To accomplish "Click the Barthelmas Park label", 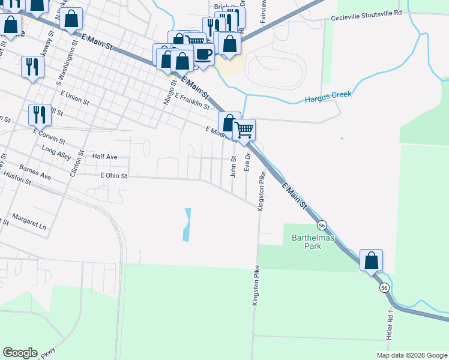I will tap(307, 242).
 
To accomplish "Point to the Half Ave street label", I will tap(104, 157).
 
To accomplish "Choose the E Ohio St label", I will tap(114, 176).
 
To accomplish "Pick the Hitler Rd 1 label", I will tap(390, 324).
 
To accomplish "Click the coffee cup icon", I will tap(203, 54).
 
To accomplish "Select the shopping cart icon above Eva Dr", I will tap(244, 130).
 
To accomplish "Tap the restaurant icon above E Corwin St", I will tap(40, 114).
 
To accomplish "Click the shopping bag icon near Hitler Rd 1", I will tap(372, 260).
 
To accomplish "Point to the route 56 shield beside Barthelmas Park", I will tap(322, 225).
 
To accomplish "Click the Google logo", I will tap(20, 353).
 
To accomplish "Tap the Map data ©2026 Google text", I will tap(412, 355).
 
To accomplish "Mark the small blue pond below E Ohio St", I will tap(187, 225).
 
